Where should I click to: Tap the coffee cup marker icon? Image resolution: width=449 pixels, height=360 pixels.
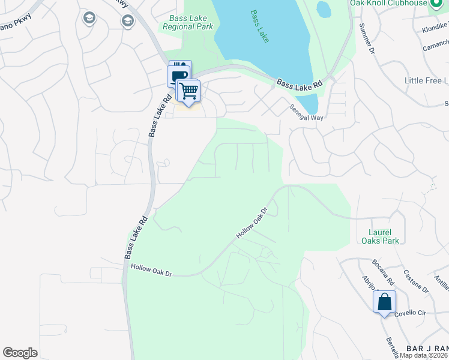coord(179,77)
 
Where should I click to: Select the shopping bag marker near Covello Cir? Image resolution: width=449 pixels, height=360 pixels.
coord(384,302)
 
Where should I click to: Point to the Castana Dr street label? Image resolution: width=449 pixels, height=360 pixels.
coord(415,281)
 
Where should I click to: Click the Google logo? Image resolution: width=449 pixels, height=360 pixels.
coord(20,353)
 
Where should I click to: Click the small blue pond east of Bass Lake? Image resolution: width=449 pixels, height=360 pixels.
coord(324,9)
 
